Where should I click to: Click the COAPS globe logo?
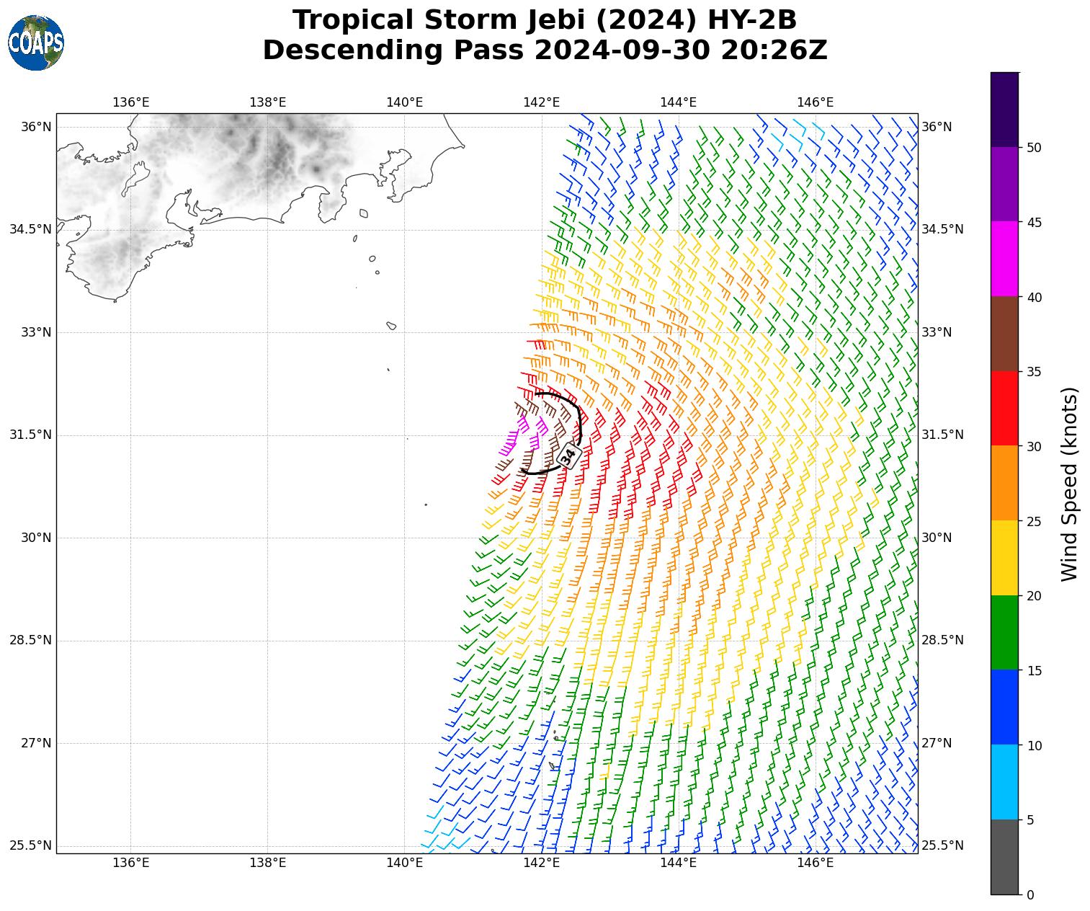point(36,43)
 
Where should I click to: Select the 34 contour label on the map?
point(568,455)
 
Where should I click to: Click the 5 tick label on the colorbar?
point(1030,820)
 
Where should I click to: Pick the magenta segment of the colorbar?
point(1004,259)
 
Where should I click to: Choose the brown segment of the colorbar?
point(1004,334)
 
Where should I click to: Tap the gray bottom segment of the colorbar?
point(1004,857)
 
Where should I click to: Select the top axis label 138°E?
point(267,102)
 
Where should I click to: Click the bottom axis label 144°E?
point(678,863)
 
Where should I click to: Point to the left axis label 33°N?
point(35,332)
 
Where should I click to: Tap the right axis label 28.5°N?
point(942,640)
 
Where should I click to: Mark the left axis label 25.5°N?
point(30,845)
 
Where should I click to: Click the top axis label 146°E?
point(815,102)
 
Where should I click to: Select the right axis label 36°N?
point(937,127)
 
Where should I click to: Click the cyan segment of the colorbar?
point(1004,782)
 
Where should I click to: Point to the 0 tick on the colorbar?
point(1030,895)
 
